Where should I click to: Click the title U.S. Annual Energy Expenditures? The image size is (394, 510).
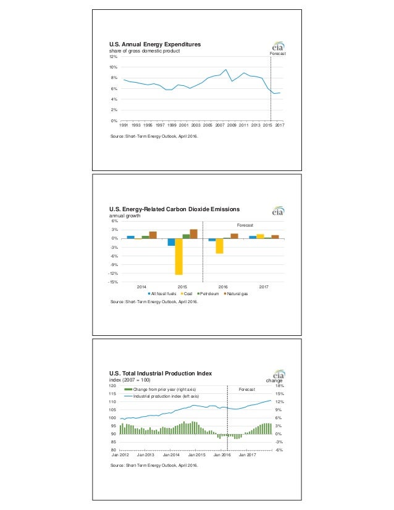click(x=155, y=44)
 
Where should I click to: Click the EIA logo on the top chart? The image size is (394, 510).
click(x=279, y=47)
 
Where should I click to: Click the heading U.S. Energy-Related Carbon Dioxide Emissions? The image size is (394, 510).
click(x=174, y=209)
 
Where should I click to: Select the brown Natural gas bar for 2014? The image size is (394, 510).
click(x=153, y=235)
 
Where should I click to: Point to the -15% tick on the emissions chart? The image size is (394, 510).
click(x=114, y=283)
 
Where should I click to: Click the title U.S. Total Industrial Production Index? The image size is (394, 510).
click(x=161, y=373)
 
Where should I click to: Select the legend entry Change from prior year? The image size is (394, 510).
click(x=159, y=390)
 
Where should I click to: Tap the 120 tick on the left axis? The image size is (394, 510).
click(x=112, y=385)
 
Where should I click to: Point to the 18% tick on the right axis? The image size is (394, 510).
click(x=279, y=385)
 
